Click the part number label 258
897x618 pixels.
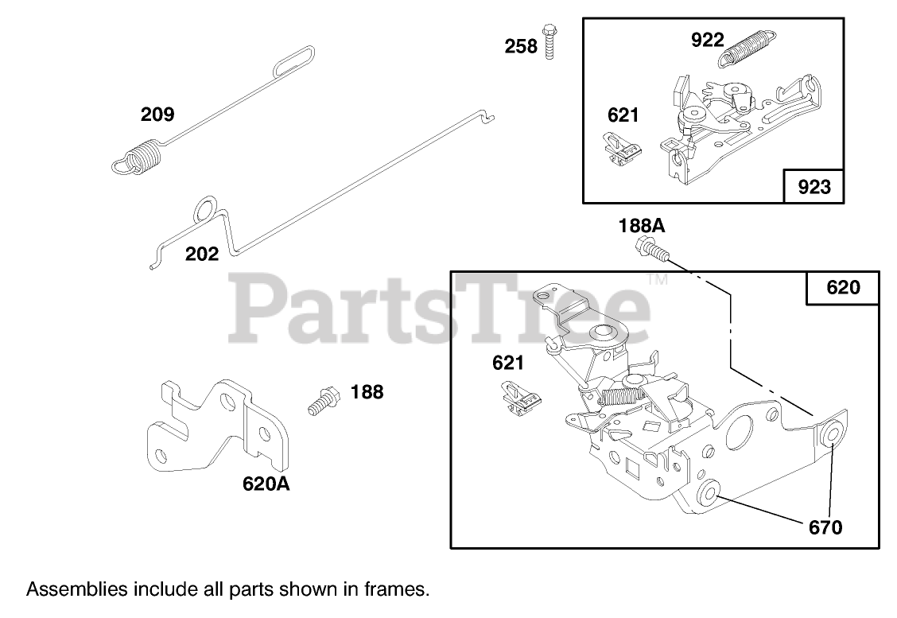pyautogui.click(x=521, y=46)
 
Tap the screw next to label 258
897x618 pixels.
pyautogui.click(x=549, y=41)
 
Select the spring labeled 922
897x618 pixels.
pyautogui.click(x=749, y=49)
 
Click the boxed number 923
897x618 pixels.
pyautogui.click(x=814, y=187)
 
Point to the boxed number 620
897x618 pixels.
pyautogui.click(x=843, y=287)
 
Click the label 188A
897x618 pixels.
pyautogui.click(x=642, y=226)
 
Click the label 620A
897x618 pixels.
pyautogui.click(x=266, y=483)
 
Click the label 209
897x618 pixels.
pyautogui.click(x=157, y=115)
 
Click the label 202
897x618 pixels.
pyautogui.click(x=201, y=255)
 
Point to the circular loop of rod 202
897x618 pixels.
pyautogui.click(x=205, y=209)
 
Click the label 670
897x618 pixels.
pyautogui.click(x=825, y=527)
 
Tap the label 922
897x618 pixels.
pyautogui.click(x=707, y=40)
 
